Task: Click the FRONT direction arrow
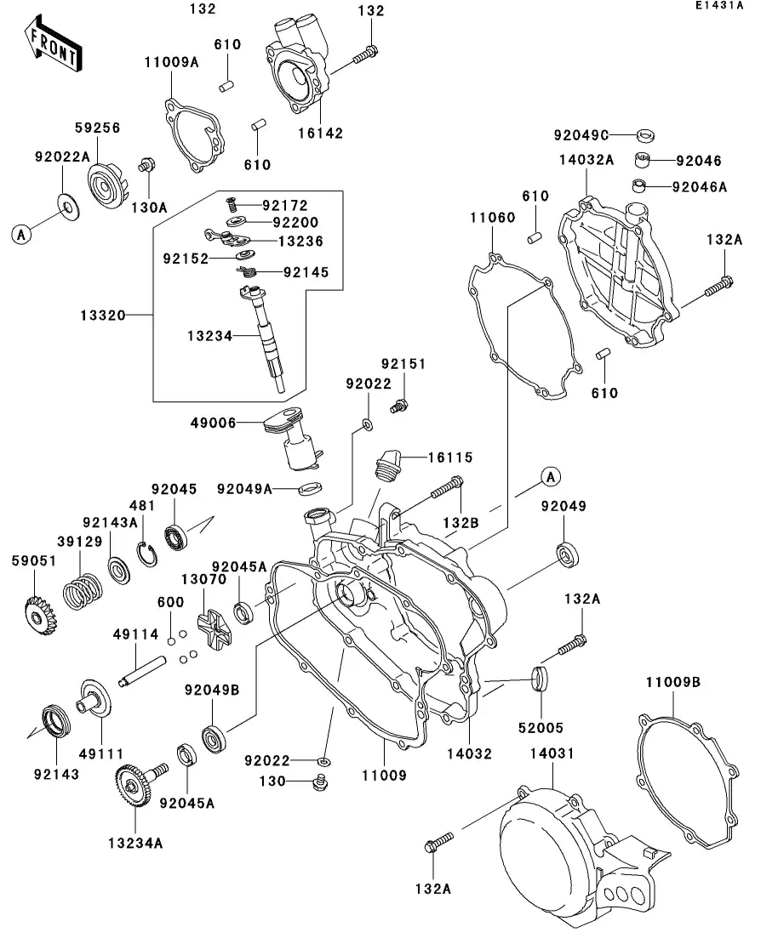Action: pos(54,46)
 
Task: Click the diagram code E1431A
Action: pos(718,6)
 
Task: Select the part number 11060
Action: pos(491,218)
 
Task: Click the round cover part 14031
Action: pos(553,850)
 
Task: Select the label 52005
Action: pos(539,728)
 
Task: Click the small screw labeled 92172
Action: pos(230,205)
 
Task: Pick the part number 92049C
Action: pos(581,134)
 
